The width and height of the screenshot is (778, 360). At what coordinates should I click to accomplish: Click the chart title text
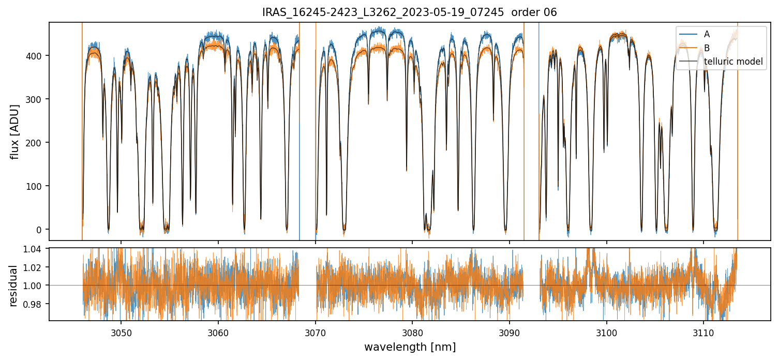pos(409,12)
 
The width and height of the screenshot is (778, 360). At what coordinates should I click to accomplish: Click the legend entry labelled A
pos(707,34)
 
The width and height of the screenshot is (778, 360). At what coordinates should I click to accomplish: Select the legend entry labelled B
pos(707,48)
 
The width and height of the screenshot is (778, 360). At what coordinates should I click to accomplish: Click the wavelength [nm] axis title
pos(410,347)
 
